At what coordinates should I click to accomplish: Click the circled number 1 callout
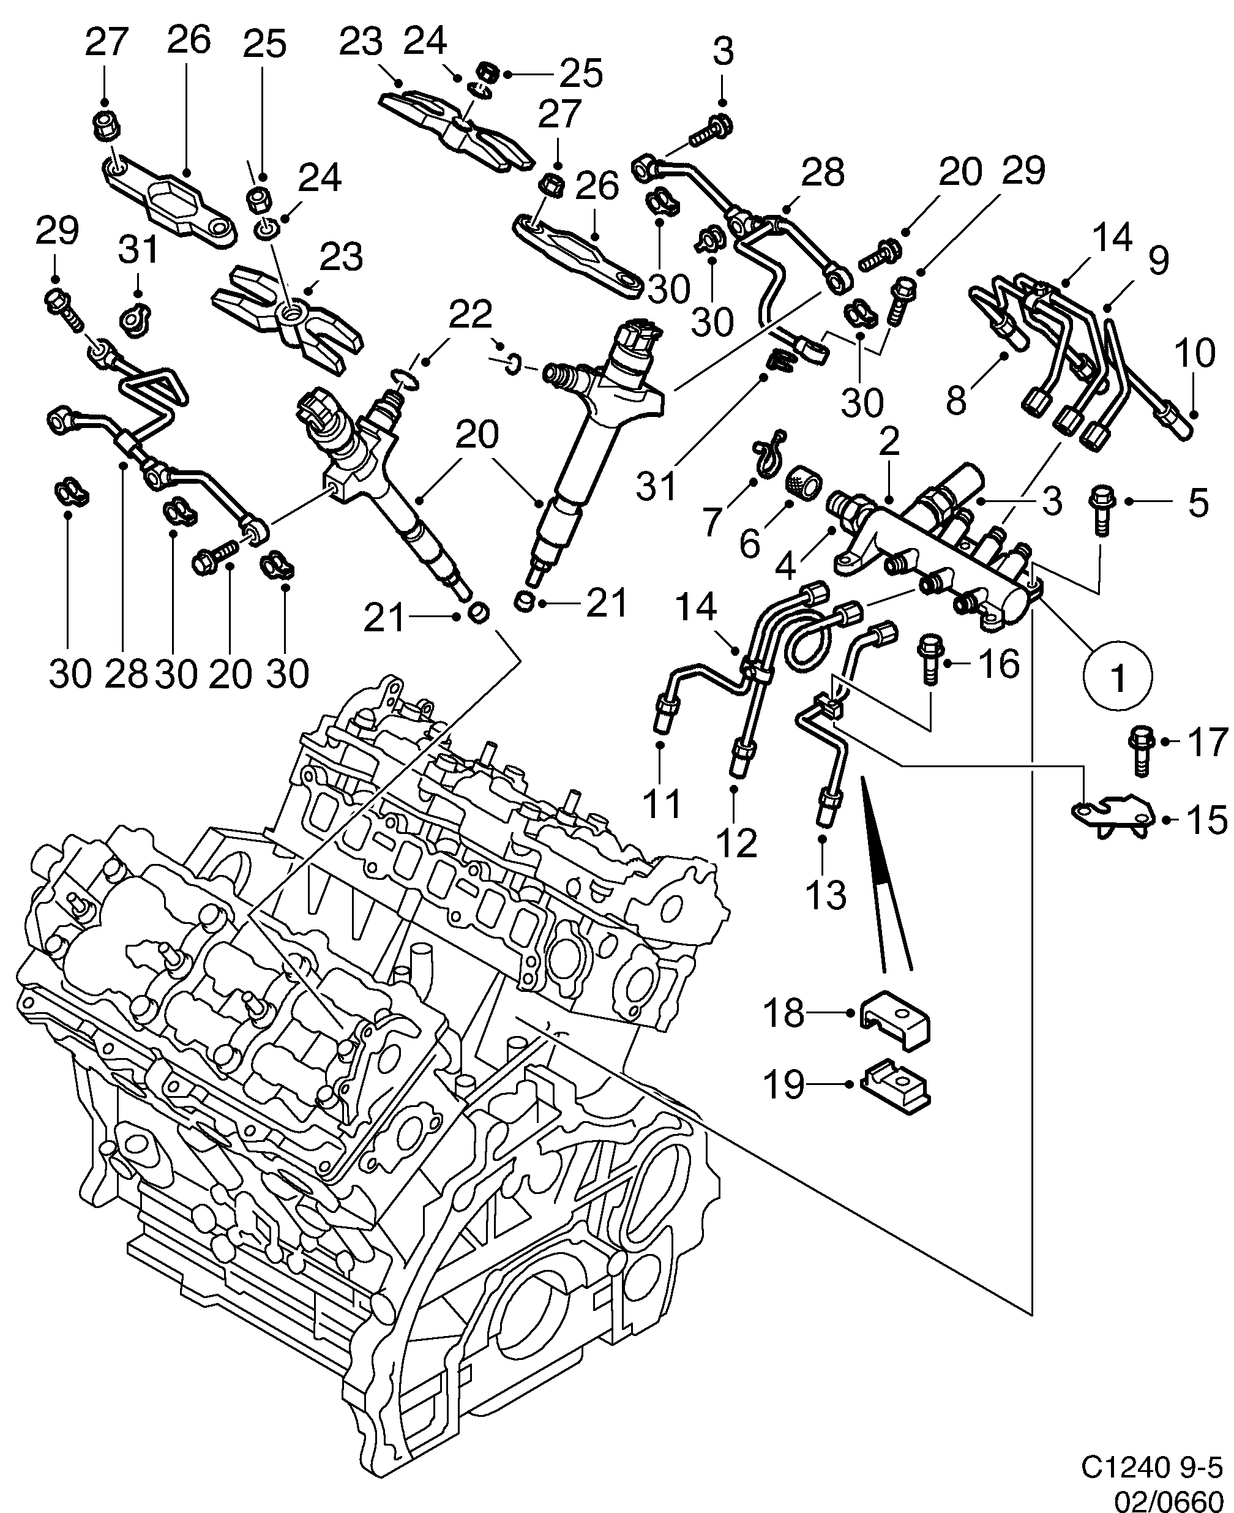pos(1118,677)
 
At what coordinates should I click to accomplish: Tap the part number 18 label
pos(784,1013)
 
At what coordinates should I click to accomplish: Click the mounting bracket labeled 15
pos(1112,817)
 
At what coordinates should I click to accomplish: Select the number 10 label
pos(1194,353)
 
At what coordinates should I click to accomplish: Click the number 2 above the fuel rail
pos(889,442)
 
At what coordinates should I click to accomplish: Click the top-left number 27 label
pos(106,42)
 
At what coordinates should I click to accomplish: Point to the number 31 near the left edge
pos(138,250)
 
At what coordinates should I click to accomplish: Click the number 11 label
pos(662,803)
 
